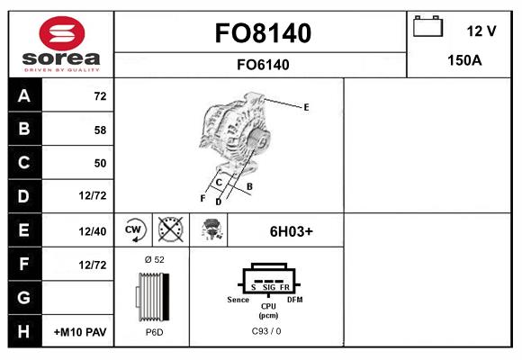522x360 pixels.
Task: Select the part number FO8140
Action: point(262,33)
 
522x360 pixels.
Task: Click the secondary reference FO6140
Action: point(262,65)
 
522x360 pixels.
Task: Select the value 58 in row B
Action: point(100,130)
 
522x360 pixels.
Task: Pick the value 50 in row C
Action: point(100,163)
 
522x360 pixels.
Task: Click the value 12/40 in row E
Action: point(93,231)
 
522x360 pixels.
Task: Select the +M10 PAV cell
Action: point(80,332)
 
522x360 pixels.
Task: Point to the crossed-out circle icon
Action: point(171,230)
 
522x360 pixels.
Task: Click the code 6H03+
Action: point(292,231)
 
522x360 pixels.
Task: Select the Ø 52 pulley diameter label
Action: point(154,259)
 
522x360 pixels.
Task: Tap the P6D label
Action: point(154,332)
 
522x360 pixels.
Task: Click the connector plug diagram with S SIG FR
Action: point(266,281)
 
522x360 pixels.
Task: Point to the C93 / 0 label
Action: point(266,332)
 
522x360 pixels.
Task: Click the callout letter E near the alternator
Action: point(306,107)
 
